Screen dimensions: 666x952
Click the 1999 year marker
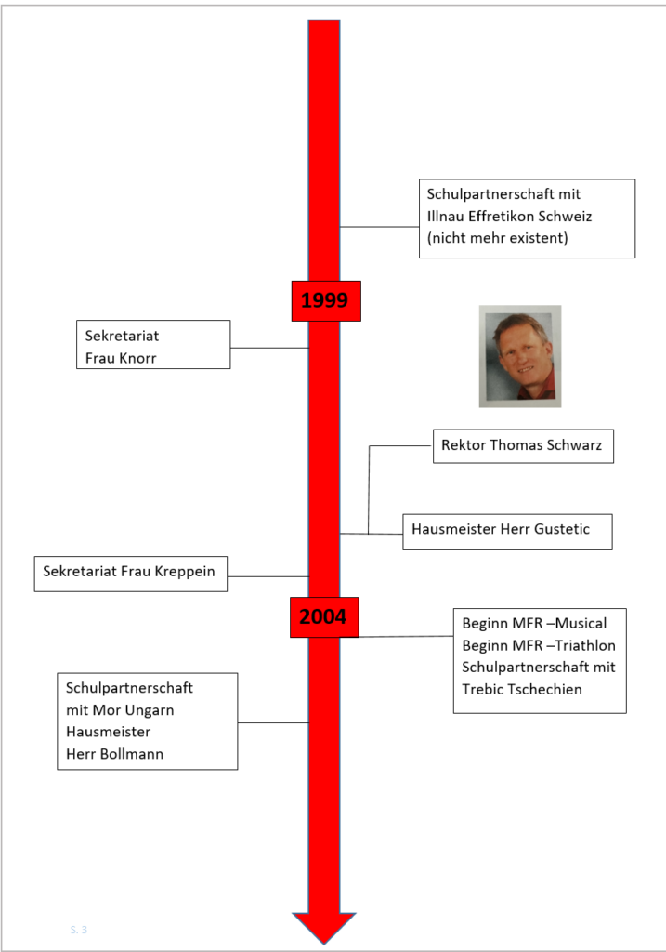pos(326,301)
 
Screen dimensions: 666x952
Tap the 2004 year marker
pos(324,617)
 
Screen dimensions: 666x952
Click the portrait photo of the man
pos(520,356)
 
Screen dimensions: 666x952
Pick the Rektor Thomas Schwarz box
pos(523,446)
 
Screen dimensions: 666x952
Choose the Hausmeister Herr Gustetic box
pos(507,532)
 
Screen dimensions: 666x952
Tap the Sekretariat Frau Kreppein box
pos(130,574)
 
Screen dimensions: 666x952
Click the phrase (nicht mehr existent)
pos(497,238)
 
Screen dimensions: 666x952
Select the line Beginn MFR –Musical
pos(534,624)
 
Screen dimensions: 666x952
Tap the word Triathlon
pos(584,645)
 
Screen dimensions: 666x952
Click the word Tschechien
pos(543,689)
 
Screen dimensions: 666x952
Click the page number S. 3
pos(79,930)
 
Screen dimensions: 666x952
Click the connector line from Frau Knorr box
pos(269,348)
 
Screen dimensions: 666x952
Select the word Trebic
pos(481,689)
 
